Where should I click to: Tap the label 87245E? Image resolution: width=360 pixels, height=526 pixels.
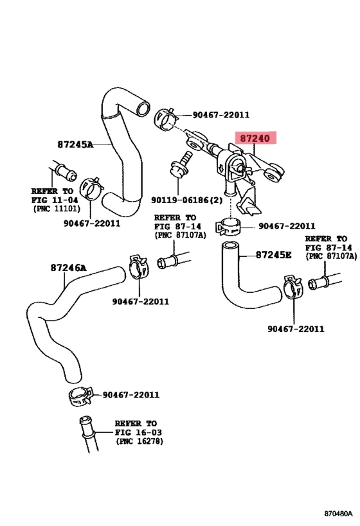pyautogui.click(x=273, y=255)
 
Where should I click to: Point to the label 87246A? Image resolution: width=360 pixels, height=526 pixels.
pyautogui.click(x=68, y=267)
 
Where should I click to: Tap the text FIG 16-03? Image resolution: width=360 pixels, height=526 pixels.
pyautogui.click(x=136, y=433)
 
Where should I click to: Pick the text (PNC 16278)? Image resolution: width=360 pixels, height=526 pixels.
pyautogui.click(x=140, y=442)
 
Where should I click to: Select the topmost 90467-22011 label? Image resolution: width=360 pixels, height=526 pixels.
pyautogui.click(x=221, y=115)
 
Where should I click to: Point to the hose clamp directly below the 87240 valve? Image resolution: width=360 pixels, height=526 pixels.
pyautogui.click(x=228, y=227)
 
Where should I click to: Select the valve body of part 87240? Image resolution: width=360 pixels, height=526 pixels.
pyautogui.click(x=233, y=164)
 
